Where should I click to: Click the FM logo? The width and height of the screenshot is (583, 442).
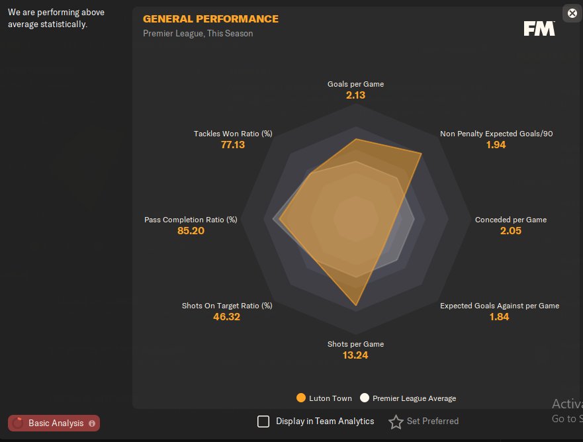[x=539, y=28]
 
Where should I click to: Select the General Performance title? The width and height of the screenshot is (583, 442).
[x=210, y=19]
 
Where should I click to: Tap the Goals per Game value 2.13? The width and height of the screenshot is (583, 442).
[x=355, y=95]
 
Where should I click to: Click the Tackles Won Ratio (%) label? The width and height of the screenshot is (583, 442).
[x=233, y=134]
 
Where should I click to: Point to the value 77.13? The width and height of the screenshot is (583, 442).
[x=233, y=145]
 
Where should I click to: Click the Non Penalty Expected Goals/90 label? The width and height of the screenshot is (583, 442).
[x=496, y=134]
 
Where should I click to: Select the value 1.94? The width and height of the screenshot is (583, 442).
[x=496, y=145]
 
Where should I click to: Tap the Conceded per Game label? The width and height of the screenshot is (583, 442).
[x=511, y=220]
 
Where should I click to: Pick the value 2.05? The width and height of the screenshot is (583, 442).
[x=511, y=231]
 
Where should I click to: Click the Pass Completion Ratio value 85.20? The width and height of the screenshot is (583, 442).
[x=191, y=231]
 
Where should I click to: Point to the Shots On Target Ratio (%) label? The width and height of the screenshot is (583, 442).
[x=227, y=306]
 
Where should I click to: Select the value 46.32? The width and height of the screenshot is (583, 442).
[x=227, y=317]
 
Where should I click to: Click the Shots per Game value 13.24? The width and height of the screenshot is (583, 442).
[x=355, y=355]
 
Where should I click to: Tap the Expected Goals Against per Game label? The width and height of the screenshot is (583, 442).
[x=500, y=306]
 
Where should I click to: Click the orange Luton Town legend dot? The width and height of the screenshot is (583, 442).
[x=301, y=398]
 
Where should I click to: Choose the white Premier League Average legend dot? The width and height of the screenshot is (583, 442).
[x=365, y=398]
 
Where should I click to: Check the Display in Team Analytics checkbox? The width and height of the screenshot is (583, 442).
[x=263, y=421]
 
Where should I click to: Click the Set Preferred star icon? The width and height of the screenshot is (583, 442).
[x=396, y=421]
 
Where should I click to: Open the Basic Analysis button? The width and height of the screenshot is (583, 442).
[x=54, y=423]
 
